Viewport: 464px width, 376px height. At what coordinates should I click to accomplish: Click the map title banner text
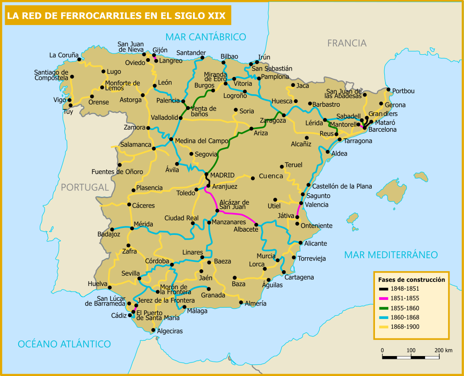point(116,16)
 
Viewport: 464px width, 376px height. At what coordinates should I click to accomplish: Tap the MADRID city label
point(222,175)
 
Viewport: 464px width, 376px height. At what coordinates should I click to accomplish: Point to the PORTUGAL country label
point(84,187)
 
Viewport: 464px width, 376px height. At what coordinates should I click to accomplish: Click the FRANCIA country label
point(347,43)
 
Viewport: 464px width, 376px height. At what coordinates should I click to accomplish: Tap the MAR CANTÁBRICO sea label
point(206,37)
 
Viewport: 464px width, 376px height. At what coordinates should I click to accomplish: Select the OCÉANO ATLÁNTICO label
point(64,344)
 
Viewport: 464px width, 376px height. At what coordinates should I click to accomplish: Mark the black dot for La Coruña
point(79,59)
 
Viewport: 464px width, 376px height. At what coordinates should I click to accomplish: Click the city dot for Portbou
point(389,90)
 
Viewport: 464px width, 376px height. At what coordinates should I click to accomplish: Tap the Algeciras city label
point(170,331)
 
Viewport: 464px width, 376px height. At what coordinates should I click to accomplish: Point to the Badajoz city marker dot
point(112,229)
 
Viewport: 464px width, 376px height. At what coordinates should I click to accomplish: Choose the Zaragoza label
point(273,121)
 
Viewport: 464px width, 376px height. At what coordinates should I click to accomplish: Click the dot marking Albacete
point(256,225)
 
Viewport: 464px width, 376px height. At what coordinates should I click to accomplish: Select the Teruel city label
point(293,165)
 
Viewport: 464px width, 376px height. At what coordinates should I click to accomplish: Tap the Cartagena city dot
point(284,272)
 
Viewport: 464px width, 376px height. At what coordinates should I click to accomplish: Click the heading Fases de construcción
point(412,280)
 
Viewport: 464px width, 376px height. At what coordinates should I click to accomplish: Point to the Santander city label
point(191,52)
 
